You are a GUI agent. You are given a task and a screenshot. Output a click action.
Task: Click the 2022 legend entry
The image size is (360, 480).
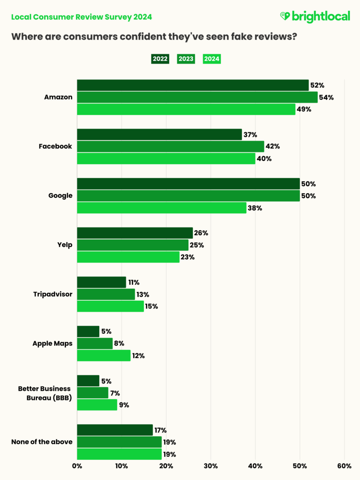[160, 59]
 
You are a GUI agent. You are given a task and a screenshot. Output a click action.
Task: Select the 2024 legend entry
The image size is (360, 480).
[212, 59]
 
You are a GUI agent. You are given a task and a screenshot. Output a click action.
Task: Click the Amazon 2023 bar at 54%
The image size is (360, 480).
[197, 97]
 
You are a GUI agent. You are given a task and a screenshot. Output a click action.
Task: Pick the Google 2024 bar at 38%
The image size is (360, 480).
[162, 208]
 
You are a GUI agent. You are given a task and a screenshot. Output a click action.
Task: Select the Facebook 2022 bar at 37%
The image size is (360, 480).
[159, 134]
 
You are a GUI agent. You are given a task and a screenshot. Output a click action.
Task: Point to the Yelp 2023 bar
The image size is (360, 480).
[133, 245]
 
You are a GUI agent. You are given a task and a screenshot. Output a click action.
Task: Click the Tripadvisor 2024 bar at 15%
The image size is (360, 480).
[110, 306]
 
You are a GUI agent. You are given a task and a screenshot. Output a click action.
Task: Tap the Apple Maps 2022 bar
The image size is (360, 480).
[88, 332]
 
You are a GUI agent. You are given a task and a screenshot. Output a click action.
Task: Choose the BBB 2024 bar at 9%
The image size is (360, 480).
[97, 405]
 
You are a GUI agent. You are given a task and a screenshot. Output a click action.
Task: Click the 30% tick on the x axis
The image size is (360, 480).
[211, 466]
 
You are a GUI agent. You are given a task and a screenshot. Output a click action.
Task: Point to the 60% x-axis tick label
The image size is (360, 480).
[344, 466]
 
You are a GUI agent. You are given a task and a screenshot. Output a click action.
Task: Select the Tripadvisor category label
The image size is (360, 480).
[53, 294]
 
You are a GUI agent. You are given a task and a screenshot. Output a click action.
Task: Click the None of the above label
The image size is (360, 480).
[42, 442]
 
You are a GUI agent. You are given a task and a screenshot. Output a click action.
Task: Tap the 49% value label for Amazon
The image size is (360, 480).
[304, 109]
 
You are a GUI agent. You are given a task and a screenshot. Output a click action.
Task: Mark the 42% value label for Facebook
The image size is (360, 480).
[273, 147]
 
